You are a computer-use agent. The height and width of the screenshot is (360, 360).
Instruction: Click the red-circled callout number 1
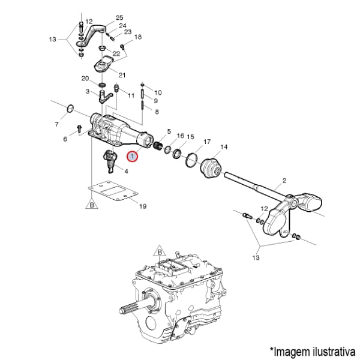pos(133,157)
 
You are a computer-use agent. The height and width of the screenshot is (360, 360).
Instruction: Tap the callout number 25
pos(119,17)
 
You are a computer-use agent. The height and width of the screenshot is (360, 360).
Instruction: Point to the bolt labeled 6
pos(79,129)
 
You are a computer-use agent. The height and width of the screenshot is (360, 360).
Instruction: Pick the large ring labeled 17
pos(191,160)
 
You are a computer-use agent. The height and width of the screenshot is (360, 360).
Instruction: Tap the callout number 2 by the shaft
pos(284,181)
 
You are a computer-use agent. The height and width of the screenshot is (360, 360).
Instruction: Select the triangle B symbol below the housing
pos(92,204)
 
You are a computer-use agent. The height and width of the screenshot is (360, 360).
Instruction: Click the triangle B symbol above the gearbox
pos(160,251)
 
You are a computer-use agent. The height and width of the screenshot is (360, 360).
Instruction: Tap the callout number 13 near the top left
pos(52,40)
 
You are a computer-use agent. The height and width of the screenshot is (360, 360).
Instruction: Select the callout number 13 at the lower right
pos(256,257)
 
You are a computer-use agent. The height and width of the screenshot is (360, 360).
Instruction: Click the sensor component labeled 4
pos(110,161)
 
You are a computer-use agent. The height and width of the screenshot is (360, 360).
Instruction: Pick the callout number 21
pos(122,75)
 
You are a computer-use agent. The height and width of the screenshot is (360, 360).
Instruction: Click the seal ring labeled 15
pos(177,154)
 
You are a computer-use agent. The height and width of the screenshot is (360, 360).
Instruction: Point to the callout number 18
pos(138,37)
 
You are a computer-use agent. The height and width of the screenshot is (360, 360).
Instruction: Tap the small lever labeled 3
pos(104,97)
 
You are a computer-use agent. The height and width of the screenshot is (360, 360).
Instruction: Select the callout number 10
pos(158,93)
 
